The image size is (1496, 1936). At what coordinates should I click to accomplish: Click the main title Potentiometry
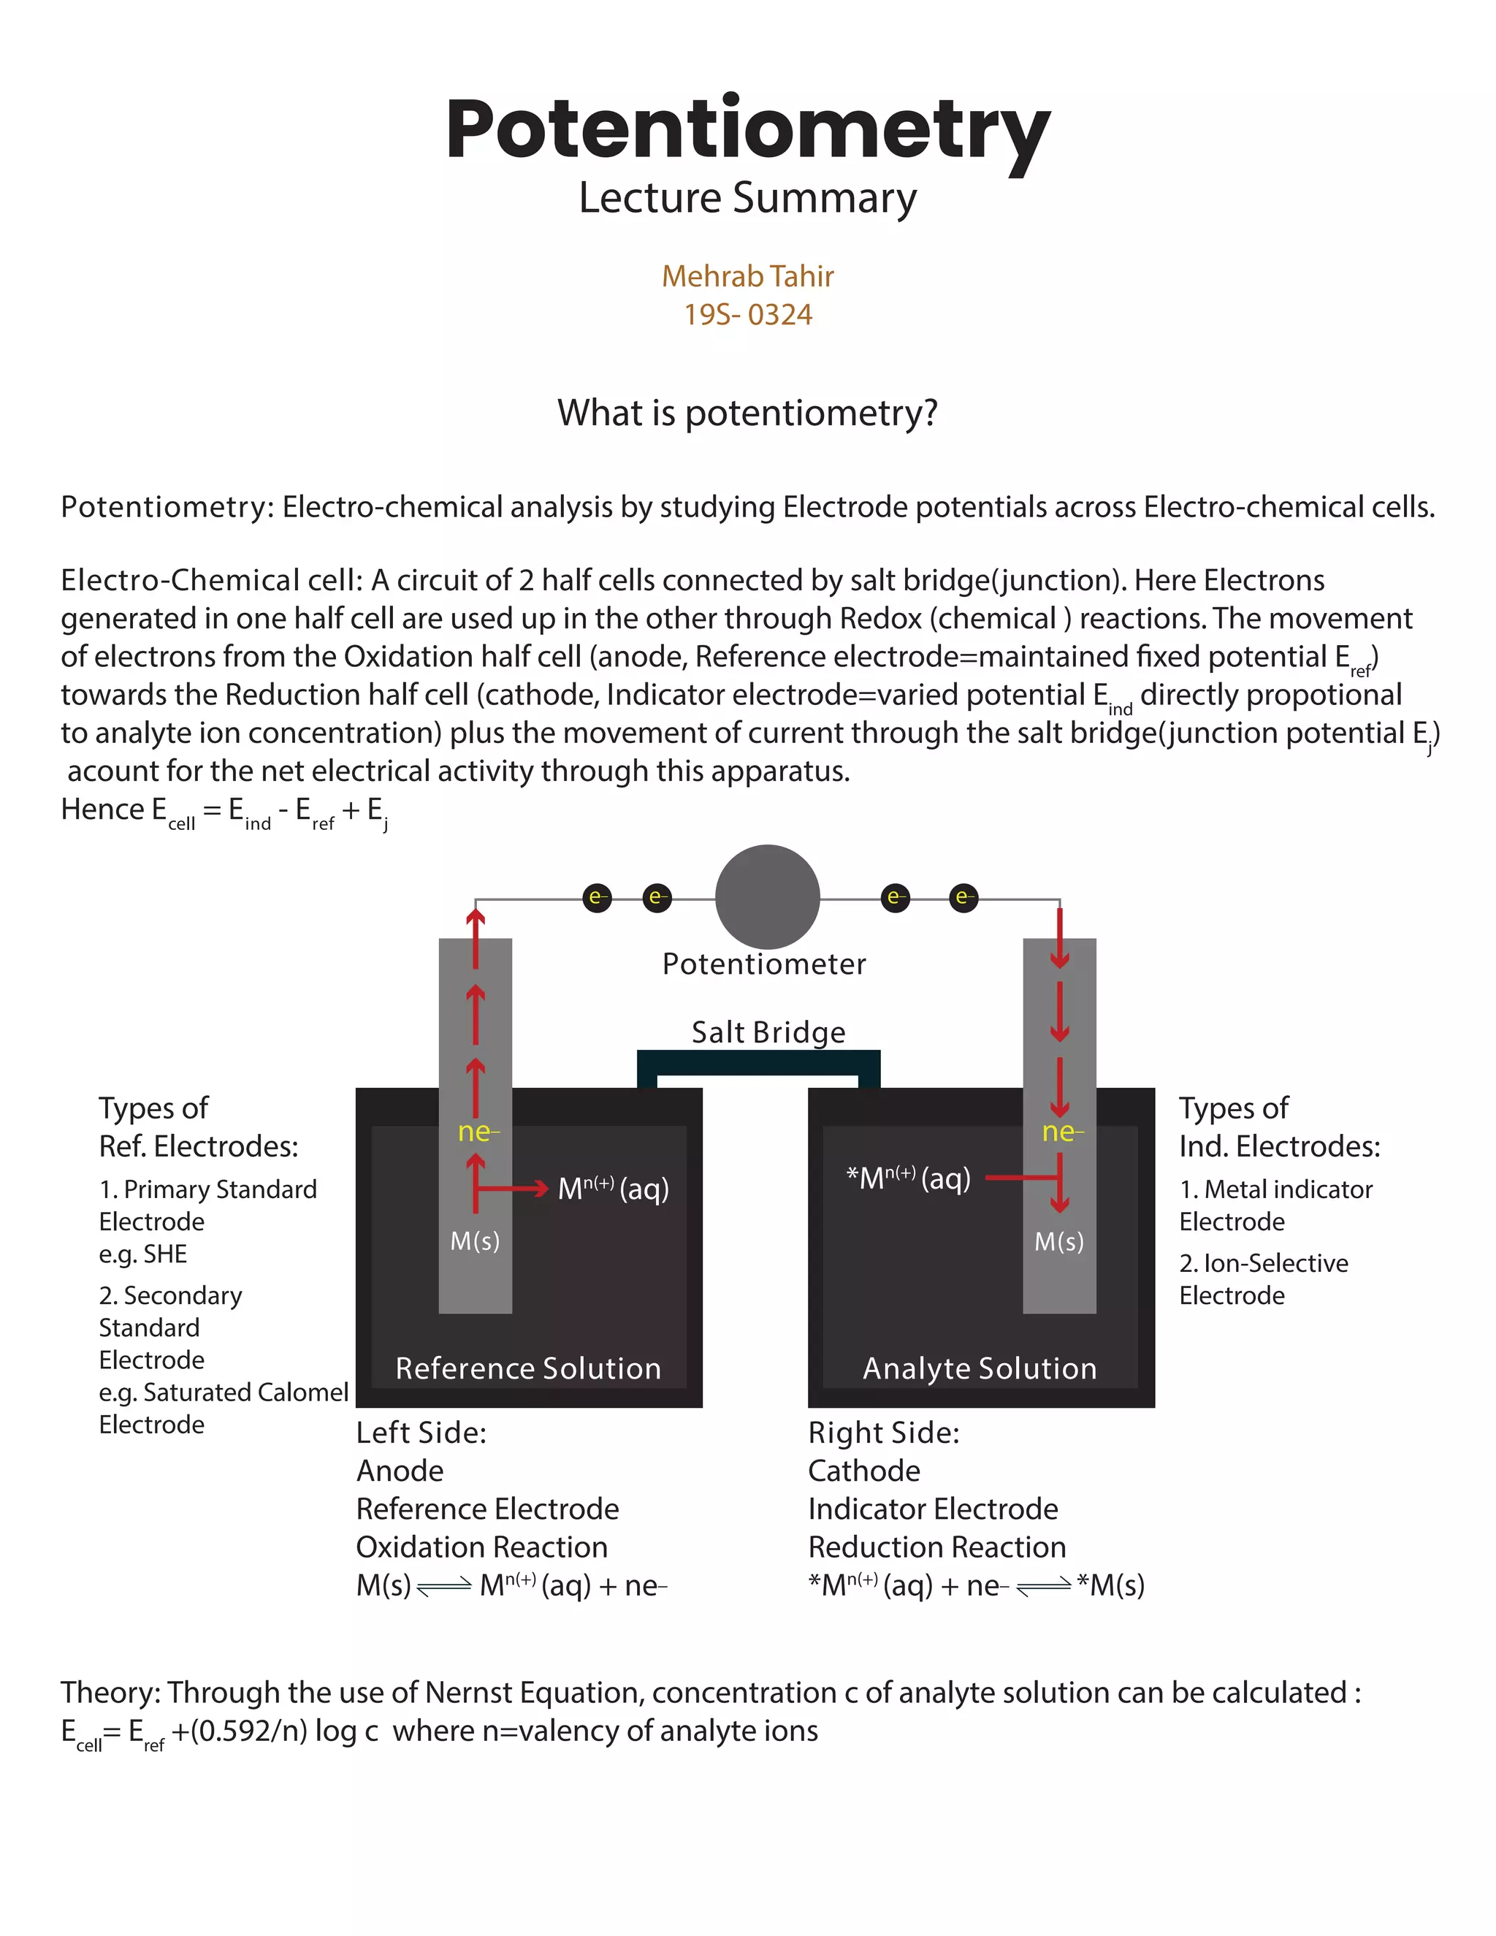(747, 130)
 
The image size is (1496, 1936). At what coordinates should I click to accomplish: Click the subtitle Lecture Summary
(747, 198)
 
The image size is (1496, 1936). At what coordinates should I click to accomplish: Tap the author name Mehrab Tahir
(747, 277)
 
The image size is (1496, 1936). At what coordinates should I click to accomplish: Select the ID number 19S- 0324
(747, 315)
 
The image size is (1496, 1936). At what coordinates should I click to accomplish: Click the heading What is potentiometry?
(747, 413)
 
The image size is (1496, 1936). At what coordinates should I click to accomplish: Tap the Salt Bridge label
(768, 1032)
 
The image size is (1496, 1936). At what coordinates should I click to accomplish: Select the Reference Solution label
(528, 1368)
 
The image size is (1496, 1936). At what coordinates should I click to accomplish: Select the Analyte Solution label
(980, 1368)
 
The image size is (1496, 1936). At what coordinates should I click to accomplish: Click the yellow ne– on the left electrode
(478, 1132)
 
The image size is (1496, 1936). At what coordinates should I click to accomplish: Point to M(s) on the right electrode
(1059, 1241)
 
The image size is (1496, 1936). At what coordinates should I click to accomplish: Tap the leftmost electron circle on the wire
(598, 897)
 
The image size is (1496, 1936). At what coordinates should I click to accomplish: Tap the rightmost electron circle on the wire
(963, 897)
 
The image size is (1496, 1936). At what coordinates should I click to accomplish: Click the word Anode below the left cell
(400, 1471)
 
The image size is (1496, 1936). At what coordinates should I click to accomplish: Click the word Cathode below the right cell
(863, 1471)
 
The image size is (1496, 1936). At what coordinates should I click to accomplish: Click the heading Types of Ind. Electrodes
(1278, 1127)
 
